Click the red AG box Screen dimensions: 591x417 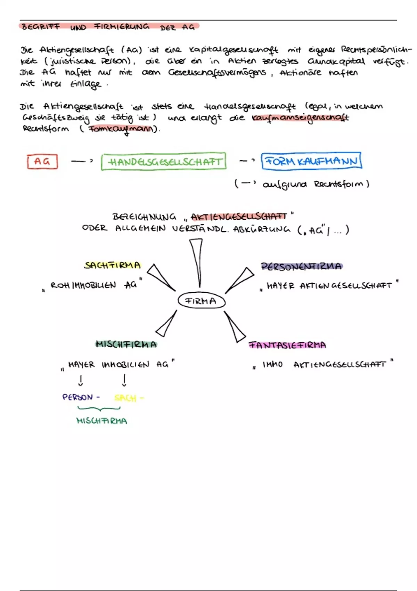[x=42, y=162]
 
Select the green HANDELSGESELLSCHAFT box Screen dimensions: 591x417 [x=164, y=162]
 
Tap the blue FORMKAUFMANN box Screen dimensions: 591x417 [x=311, y=161]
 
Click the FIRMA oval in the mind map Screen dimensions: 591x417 [x=201, y=301]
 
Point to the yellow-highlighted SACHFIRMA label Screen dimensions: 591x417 [x=112, y=266]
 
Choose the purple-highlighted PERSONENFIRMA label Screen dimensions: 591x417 [x=301, y=267]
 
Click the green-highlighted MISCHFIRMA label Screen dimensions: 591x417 [x=126, y=345]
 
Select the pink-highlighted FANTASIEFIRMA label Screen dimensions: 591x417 [x=287, y=345]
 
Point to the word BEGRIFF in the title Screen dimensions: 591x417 [x=40, y=27]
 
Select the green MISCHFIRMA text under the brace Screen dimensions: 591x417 [x=101, y=421]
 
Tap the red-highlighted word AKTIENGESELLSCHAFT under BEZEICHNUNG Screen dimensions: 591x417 [x=239, y=217]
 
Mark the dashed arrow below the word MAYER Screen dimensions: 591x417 [x=81, y=380]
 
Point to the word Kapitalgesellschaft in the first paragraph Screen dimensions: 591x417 [x=234, y=50]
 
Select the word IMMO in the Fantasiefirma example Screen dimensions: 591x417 [x=272, y=364]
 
